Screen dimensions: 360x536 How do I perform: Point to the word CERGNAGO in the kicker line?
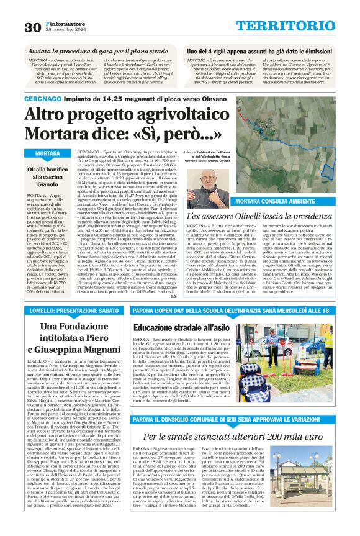coord(43,99)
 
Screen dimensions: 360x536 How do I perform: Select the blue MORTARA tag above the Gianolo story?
coord(48,153)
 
